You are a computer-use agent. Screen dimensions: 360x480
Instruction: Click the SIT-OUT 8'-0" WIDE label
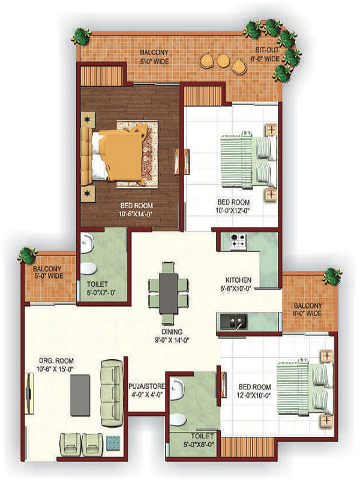pos(265,54)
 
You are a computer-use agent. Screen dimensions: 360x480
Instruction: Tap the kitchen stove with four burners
pos(238,241)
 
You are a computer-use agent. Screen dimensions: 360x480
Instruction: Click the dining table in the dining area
pos(169,293)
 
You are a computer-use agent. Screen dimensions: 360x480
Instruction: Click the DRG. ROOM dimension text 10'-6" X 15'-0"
pos(56,369)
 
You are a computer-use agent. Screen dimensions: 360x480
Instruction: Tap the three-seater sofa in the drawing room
pos(111,394)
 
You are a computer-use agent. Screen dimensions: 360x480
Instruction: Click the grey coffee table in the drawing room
pos(80,395)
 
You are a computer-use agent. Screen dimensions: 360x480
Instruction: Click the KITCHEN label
pos(238,280)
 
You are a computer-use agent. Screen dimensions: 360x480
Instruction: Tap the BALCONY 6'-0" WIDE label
pos(308,309)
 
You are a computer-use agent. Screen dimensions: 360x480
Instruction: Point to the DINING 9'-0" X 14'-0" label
pos(172,335)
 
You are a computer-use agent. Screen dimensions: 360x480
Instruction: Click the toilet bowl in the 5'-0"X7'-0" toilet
pos(88,268)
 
